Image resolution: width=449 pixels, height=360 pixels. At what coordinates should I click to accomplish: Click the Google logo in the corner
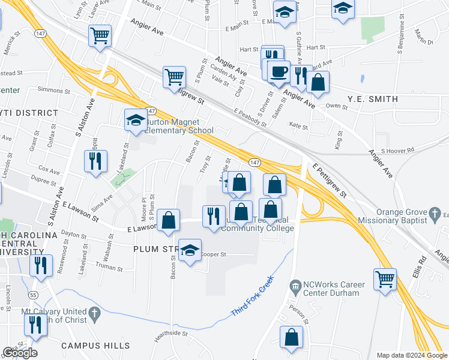tap(20, 353)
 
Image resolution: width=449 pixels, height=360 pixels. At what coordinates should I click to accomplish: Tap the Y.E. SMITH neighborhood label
tap(372, 99)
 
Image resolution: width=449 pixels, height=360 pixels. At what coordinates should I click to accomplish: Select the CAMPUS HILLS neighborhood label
tap(95, 346)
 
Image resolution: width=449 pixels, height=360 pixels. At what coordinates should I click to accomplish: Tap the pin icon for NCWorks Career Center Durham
tap(294, 284)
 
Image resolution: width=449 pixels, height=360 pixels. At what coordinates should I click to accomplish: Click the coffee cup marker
tap(278, 73)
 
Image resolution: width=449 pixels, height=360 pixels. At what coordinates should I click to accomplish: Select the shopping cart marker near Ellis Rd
tap(385, 278)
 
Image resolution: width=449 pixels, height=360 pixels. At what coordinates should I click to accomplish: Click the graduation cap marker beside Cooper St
tap(190, 251)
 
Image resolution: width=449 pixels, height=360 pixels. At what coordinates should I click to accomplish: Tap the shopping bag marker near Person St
tap(291, 338)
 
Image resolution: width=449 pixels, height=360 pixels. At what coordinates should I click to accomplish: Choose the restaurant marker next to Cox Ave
tap(95, 162)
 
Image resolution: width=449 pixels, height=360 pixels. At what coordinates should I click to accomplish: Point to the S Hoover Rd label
tap(397, 150)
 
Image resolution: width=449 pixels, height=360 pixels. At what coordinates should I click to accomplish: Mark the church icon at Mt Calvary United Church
tap(93, 314)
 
